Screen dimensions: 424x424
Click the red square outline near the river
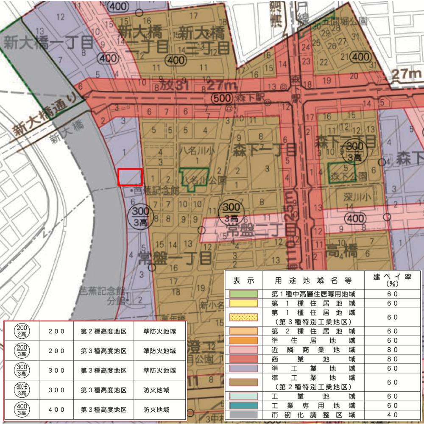(x=130, y=177)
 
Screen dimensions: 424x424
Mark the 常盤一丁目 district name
(x=175, y=257)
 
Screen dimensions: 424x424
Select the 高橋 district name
(x=342, y=252)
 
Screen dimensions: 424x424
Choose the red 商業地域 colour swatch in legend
(x=243, y=359)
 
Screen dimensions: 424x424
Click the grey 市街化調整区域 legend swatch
(x=243, y=415)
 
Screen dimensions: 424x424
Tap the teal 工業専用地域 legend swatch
(x=243, y=406)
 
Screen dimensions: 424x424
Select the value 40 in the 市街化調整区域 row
(x=392, y=415)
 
